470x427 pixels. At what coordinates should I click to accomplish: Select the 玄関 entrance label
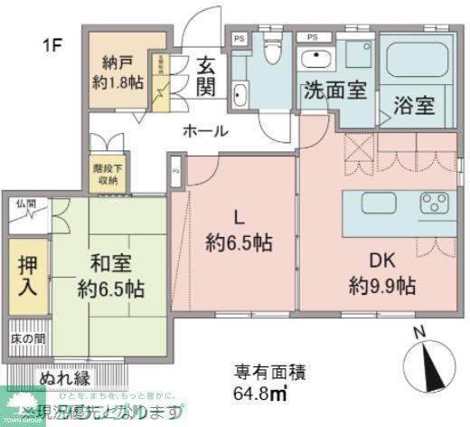[x=205, y=78]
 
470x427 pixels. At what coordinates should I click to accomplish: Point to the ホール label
[x=205, y=131]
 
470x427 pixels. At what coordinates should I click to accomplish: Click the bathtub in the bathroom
[x=420, y=61]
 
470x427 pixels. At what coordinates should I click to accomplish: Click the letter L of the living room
[x=239, y=217]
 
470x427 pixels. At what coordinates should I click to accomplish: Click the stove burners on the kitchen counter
[x=438, y=203]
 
